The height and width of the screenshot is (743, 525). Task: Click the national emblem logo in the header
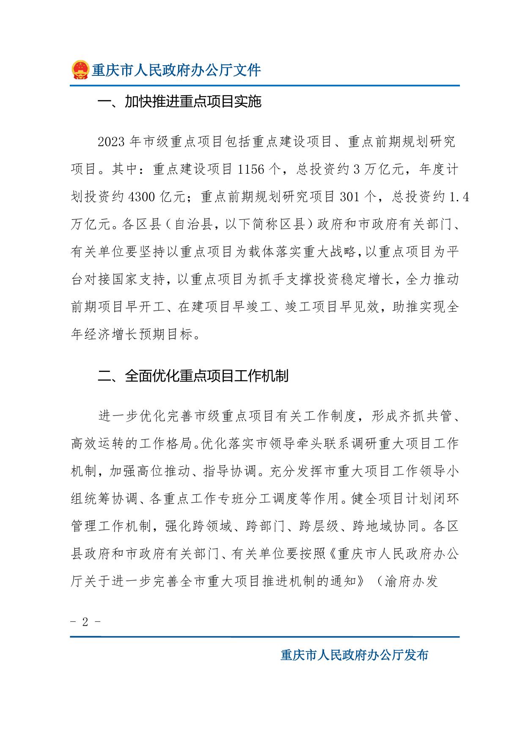coord(80,70)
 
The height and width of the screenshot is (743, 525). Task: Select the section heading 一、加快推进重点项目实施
coord(179,102)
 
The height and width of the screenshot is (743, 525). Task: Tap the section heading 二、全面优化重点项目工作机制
coord(193,376)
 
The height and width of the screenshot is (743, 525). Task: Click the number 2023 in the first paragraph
coord(111,142)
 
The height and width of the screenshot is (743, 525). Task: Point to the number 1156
coord(251,169)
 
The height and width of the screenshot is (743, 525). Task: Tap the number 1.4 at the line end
coord(459,197)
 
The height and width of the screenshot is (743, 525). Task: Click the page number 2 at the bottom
coord(85,622)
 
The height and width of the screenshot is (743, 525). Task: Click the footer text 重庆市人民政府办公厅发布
coord(354,655)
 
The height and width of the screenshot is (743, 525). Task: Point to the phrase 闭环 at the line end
coord(445,499)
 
